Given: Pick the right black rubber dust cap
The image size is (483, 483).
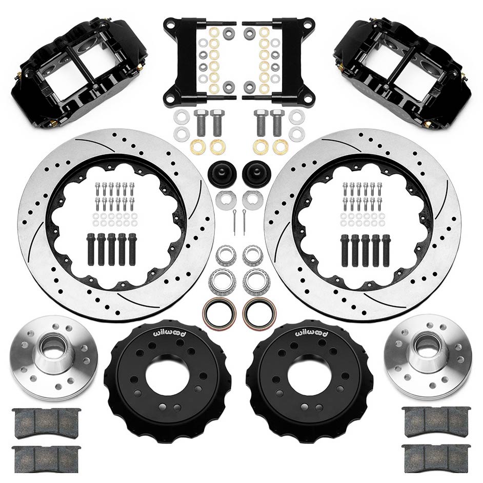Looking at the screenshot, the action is coord(256,172).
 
